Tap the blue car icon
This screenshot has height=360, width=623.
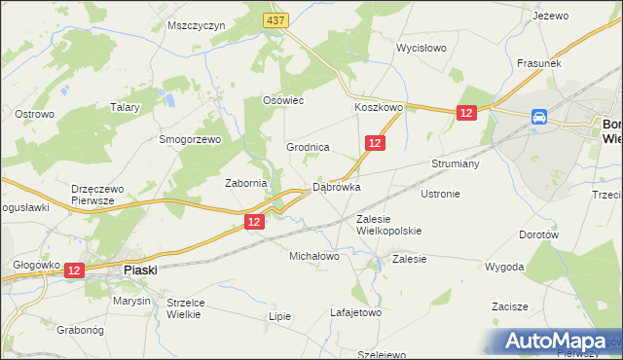click(x=538, y=118)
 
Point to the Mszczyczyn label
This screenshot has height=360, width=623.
click(x=196, y=25)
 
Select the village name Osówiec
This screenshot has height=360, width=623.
click(x=284, y=100)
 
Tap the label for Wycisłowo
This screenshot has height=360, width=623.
click(x=421, y=47)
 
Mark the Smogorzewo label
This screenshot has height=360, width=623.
click(x=191, y=139)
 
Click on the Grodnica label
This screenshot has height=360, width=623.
click(x=308, y=147)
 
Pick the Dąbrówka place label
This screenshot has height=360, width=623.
click(x=336, y=187)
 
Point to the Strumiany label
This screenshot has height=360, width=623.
click(x=456, y=163)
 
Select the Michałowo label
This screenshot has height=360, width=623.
click(x=313, y=257)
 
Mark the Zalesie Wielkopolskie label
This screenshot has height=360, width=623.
click(x=388, y=225)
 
